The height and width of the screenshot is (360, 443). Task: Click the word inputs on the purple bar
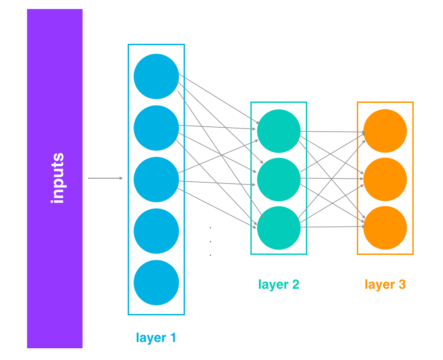pyautogui.click(x=57, y=178)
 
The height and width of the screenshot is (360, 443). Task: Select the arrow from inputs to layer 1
pyautogui.click(x=105, y=178)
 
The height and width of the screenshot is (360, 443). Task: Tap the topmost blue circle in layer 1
pyautogui.click(x=156, y=76)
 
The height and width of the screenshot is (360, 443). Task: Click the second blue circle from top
pyautogui.click(x=156, y=128)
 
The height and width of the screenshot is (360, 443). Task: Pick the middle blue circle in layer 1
pyautogui.click(x=156, y=179)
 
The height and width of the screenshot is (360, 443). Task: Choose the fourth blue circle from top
pyautogui.click(x=156, y=231)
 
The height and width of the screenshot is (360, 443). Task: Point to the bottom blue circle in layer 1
pyautogui.click(x=156, y=282)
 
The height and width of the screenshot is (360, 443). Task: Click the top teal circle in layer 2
pyautogui.click(x=279, y=131)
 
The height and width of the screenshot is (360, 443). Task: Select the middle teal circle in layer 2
pyautogui.click(x=279, y=179)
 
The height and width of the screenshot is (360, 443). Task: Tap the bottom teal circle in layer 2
pyautogui.click(x=279, y=227)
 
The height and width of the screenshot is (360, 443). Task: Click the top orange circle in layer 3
pyautogui.click(x=385, y=131)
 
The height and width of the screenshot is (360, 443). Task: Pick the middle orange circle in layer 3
pyautogui.click(x=385, y=179)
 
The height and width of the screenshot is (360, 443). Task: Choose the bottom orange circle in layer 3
pyautogui.click(x=385, y=227)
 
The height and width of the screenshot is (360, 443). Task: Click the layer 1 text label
pyautogui.click(x=156, y=337)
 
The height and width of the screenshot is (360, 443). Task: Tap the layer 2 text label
pyautogui.click(x=279, y=284)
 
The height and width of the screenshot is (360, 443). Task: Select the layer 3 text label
pyautogui.click(x=385, y=284)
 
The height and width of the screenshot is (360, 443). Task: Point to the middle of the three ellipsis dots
pyautogui.click(x=210, y=241)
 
